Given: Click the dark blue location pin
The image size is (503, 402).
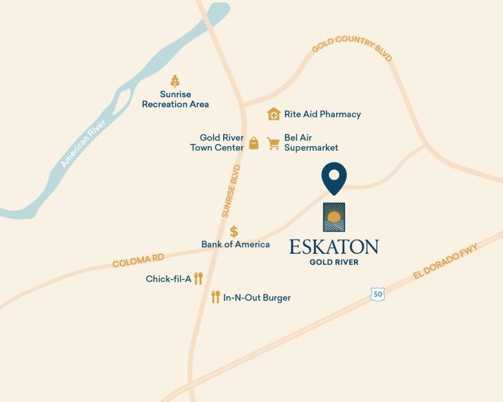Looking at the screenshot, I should pyautogui.click(x=334, y=177).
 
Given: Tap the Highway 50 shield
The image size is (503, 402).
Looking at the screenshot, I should pyautogui.click(x=377, y=294).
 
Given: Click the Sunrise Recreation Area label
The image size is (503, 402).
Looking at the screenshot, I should pyautogui.click(x=175, y=99).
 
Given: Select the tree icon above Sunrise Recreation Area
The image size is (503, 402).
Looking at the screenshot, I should pyautogui.click(x=175, y=81).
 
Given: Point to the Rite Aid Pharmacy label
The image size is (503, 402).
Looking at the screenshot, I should pyautogui.click(x=322, y=114).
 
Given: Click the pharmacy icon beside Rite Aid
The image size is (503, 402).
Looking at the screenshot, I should pyautogui.click(x=274, y=114).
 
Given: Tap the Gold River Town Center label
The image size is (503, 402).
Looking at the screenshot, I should pyautogui.click(x=217, y=142).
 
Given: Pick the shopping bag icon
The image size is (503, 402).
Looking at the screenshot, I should pyautogui.click(x=253, y=143).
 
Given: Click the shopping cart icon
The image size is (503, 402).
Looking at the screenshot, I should pyautogui.click(x=273, y=143).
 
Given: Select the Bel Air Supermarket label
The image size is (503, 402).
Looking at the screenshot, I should pyautogui.click(x=311, y=142).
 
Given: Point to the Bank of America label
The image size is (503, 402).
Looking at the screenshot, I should pyautogui.click(x=235, y=244).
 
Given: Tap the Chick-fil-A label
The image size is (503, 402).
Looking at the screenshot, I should pyautogui.click(x=168, y=279).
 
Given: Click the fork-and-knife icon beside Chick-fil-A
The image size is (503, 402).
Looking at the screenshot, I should pyautogui.click(x=199, y=278).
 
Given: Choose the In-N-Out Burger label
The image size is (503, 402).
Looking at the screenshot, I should pyautogui.click(x=257, y=298).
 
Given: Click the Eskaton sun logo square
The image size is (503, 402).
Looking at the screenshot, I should pyautogui.click(x=334, y=217).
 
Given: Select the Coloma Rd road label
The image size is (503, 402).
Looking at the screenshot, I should pyautogui.click(x=138, y=261).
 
